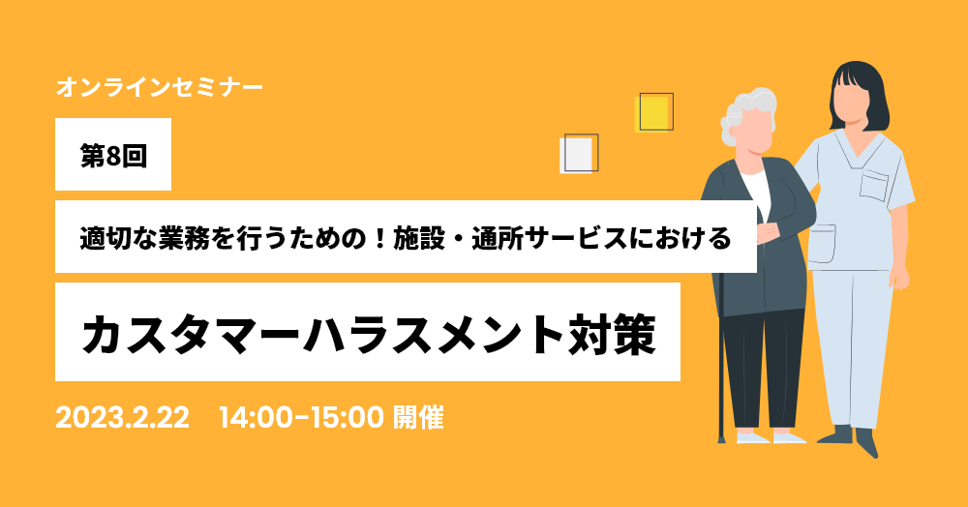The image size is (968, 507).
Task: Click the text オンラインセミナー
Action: pos(160,87)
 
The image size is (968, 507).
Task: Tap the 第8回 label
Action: pos(113,156)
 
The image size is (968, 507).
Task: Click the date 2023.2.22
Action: pos(122,418)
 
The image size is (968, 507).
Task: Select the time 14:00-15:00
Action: pos(301,418)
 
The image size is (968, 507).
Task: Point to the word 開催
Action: pos(418,418)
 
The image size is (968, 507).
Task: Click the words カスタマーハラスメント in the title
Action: pos(321,334)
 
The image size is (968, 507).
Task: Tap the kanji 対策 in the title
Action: pos(609,334)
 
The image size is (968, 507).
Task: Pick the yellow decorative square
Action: pos(653,113)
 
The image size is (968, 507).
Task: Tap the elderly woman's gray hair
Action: pos(745,114)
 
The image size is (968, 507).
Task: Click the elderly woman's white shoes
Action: pos(771,436)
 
